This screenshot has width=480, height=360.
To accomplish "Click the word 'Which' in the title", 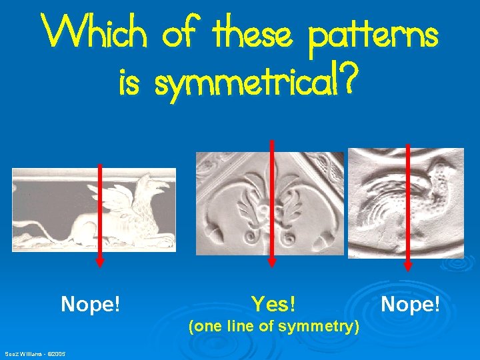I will (93, 32).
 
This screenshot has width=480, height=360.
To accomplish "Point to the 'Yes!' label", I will (274, 305).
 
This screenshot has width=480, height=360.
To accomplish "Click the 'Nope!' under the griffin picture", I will (91, 305).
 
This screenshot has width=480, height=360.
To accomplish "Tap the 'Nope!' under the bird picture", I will (410, 305).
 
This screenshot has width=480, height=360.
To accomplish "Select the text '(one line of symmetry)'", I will (274, 327).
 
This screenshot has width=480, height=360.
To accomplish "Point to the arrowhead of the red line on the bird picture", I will (408, 265).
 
